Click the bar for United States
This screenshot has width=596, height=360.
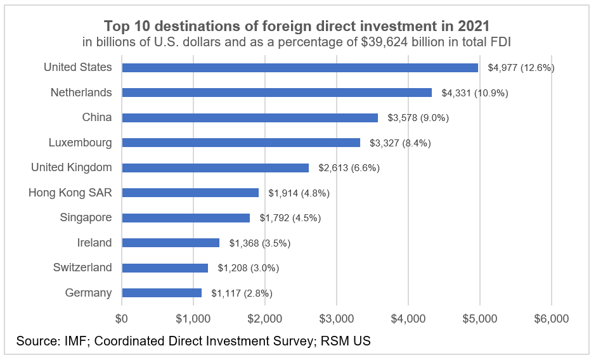tap(300, 67)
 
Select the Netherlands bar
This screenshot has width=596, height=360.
tap(276, 93)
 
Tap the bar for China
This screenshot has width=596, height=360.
tap(250, 117)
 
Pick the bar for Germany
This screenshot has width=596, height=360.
tap(162, 293)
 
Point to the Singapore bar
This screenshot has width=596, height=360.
tap(186, 217)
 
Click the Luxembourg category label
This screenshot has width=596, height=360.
tap(80, 143)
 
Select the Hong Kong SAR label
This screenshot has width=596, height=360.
tap(70, 193)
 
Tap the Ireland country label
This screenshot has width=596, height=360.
tap(94, 243)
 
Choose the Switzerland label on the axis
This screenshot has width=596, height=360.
tap(82, 267)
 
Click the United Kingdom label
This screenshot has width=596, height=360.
tap(72, 167)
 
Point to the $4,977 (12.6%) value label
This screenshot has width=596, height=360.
tap(521, 68)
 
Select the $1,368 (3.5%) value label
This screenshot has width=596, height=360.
tap(260, 243)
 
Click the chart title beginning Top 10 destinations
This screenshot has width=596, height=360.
tap(297, 27)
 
